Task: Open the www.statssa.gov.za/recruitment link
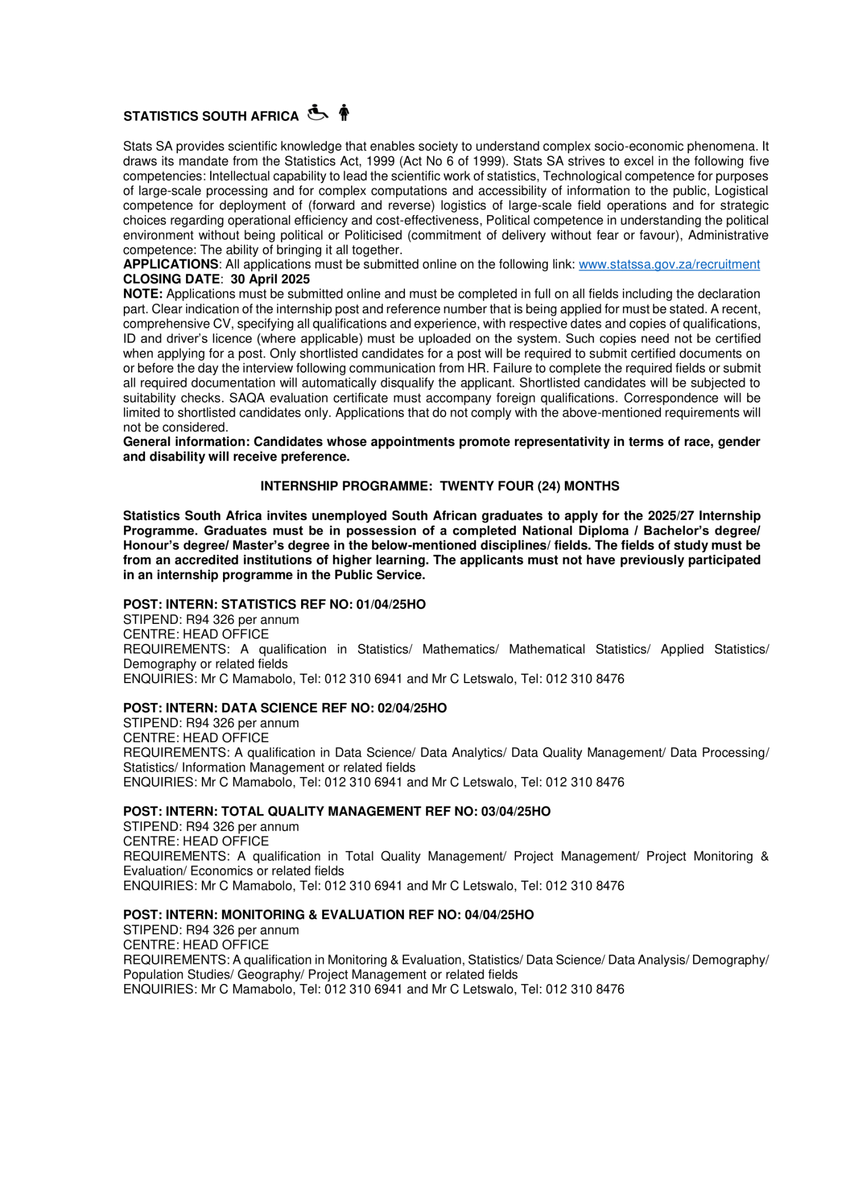pos(669,264)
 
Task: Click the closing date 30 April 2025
pos(270,279)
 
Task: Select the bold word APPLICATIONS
pos(170,264)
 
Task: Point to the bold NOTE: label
pos(143,294)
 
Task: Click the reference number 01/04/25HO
pos(391,604)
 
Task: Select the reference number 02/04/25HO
pos(412,708)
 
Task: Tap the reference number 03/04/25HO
pos(516,811)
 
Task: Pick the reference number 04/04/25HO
pos(499,915)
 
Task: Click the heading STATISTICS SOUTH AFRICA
pos(211,116)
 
